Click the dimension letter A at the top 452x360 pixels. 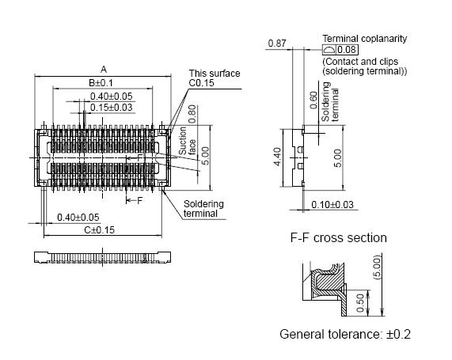click(x=104, y=69)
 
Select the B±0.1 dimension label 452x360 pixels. click(x=101, y=83)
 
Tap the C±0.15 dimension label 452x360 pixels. click(x=101, y=230)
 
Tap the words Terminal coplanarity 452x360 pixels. click(x=364, y=38)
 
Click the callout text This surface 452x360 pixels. click(x=214, y=74)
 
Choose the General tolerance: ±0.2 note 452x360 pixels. click(x=345, y=334)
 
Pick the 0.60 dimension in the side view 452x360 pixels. click(x=313, y=100)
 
